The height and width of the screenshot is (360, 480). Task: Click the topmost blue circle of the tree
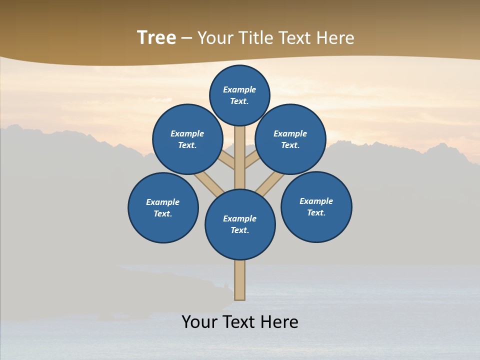click(x=239, y=95)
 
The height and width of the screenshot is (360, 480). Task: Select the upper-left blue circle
click(x=187, y=139)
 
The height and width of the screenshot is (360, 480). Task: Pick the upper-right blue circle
click(x=290, y=139)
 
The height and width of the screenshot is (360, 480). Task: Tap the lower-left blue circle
click(x=163, y=207)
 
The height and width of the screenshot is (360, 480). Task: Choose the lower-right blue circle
click(x=316, y=206)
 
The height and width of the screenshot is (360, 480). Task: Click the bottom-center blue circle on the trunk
click(x=240, y=224)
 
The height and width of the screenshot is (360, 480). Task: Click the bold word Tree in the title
click(x=156, y=38)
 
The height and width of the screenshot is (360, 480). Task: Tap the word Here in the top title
click(x=335, y=38)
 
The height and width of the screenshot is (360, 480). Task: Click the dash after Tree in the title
click(x=186, y=38)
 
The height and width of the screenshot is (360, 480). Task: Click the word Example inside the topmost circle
click(x=239, y=89)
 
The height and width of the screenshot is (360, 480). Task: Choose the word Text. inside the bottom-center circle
click(x=239, y=230)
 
